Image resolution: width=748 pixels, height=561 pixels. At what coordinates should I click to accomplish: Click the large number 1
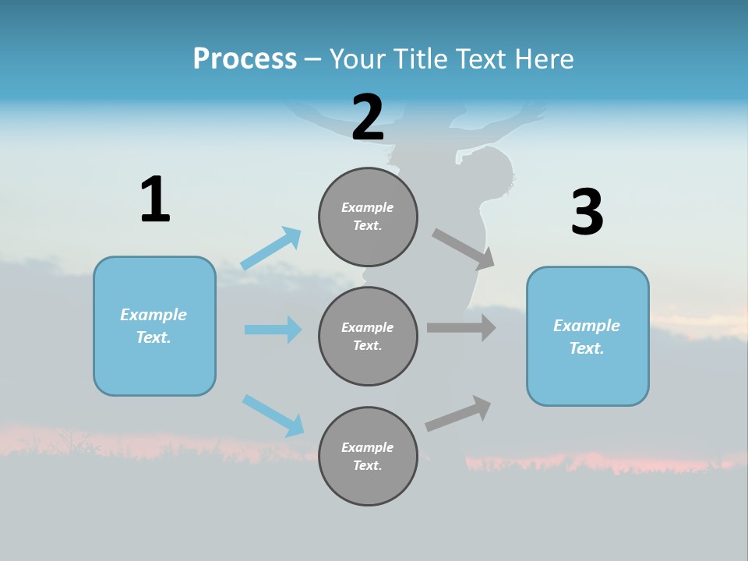coord(155,200)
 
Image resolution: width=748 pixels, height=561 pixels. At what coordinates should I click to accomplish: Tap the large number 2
coord(368,118)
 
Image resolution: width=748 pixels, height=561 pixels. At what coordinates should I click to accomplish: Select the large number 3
coord(587,213)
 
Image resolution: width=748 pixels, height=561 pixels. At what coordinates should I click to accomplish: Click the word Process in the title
coord(245,58)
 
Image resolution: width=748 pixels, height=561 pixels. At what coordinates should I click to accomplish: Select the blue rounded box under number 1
coord(154,326)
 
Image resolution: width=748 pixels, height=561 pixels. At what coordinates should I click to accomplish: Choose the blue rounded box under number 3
coord(587,337)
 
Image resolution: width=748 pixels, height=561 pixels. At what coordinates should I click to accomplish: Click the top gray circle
coord(368,217)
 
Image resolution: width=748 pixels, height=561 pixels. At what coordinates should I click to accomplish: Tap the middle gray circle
coord(368,337)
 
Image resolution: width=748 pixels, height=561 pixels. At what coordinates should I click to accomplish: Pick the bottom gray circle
coord(368,457)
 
